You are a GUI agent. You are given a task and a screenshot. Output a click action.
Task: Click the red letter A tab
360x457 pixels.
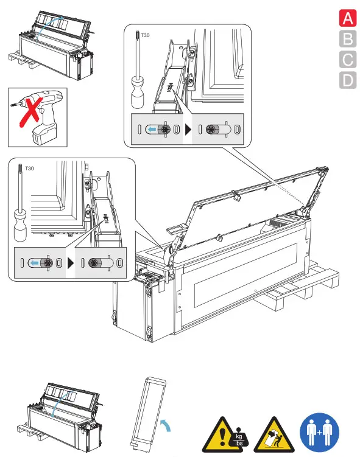[348, 18]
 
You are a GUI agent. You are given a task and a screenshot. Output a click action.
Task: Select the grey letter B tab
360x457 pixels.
[348, 39]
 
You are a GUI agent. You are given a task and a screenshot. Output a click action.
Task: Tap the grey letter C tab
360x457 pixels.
[348, 60]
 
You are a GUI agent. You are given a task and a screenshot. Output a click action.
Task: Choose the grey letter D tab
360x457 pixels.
[348, 80]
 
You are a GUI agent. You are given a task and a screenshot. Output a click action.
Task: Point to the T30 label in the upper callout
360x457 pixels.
[145, 35]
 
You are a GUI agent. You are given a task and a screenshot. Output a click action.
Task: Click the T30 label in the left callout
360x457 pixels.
[29, 169]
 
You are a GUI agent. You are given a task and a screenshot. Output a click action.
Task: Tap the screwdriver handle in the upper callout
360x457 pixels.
[137, 92]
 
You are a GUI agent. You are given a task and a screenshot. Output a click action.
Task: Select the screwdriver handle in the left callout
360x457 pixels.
[20, 226]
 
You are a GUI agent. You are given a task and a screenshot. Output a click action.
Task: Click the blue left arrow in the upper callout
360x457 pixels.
[152, 129]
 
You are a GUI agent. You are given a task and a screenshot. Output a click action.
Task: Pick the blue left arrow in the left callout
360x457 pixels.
[35, 263]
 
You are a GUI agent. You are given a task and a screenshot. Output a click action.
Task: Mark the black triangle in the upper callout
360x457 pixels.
[188, 129]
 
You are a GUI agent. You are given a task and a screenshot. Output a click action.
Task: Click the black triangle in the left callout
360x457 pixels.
[70, 263]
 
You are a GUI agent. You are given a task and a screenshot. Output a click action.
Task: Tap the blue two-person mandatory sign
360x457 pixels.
[319, 433]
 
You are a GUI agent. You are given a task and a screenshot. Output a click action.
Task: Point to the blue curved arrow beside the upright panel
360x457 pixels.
[166, 425]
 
